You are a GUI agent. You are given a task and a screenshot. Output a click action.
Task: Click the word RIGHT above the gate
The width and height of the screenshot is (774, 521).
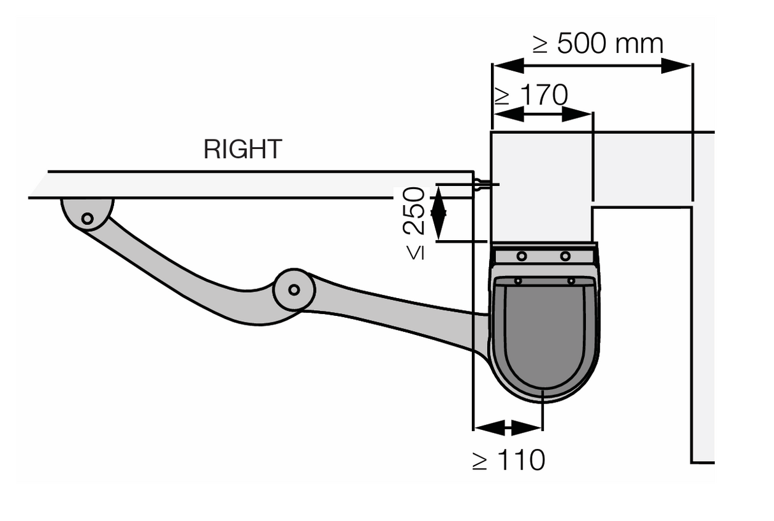(x=242, y=150)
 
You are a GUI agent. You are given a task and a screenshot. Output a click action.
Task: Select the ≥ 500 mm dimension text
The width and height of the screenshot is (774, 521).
(x=598, y=45)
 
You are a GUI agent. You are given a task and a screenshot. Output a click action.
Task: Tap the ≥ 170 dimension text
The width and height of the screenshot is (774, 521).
(x=530, y=96)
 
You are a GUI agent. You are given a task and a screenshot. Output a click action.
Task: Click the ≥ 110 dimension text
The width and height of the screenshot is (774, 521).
(x=508, y=460)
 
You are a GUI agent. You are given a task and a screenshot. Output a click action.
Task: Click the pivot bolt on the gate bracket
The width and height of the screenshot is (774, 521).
(x=87, y=218)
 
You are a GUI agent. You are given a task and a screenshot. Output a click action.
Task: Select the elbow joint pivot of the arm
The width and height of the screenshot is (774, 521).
(x=293, y=290)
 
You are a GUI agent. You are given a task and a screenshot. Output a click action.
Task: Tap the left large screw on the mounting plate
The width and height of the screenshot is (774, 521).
(x=522, y=256)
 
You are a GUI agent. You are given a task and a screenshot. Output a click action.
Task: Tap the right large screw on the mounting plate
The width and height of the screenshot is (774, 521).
(x=565, y=256)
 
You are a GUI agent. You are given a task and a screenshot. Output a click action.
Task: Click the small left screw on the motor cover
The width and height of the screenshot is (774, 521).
(x=518, y=281)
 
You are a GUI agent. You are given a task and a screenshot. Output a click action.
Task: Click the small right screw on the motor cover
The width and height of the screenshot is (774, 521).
(x=571, y=281)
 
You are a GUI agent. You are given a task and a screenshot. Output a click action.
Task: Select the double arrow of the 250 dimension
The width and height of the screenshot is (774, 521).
(x=438, y=213)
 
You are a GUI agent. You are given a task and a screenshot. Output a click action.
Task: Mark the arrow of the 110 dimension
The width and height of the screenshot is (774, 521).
(x=507, y=427)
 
